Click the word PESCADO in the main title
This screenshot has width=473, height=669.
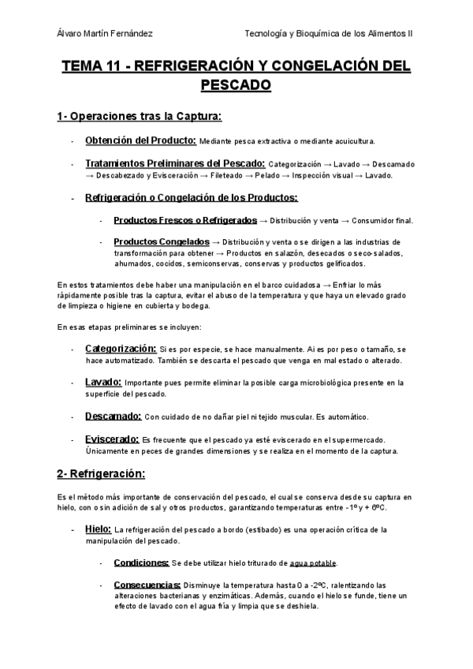236,84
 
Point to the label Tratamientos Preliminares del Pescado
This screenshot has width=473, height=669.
174,163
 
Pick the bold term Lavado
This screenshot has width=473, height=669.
102,382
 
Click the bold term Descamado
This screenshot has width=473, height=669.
113,416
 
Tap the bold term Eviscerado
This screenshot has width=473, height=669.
111,439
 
